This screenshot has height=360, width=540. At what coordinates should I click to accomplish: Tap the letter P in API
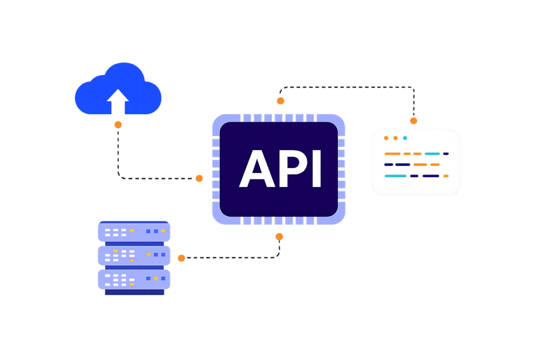(x=293, y=169)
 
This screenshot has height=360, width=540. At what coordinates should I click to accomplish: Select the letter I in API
(x=316, y=169)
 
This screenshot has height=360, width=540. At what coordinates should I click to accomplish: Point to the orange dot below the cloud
(x=118, y=125)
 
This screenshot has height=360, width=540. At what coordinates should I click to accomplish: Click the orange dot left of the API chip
(x=199, y=178)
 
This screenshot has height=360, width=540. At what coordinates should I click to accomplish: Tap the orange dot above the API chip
(x=281, y=100)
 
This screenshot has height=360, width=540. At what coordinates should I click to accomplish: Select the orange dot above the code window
(x=414, y=121)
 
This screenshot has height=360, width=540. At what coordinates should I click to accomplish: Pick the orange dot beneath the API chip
(x=279, y=236)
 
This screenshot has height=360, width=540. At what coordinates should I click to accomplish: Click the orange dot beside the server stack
(x=181, y=258)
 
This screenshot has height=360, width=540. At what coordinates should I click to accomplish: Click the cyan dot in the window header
(x=405, y=138)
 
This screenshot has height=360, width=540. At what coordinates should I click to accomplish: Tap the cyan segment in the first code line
(x=432, y=154)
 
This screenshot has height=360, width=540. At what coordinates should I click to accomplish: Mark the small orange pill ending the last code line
(x=446, y=176)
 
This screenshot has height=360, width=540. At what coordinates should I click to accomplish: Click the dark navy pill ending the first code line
(x=446, y=154)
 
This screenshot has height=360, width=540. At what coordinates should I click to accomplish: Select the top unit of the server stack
(x=133, y=232)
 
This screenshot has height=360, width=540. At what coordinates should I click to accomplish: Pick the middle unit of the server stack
(x=133, y=255)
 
